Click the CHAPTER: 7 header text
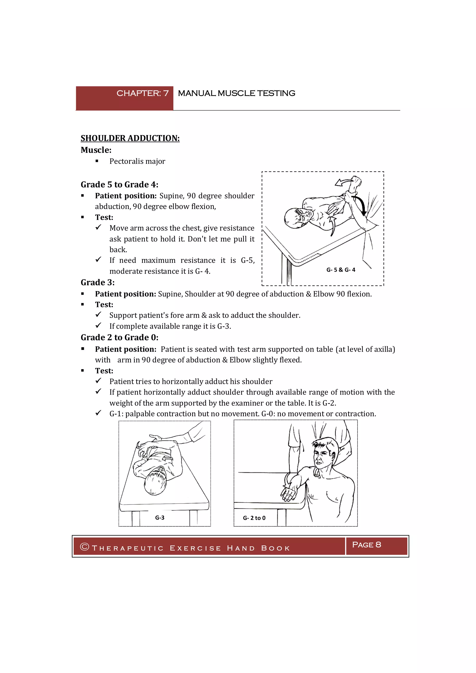(x=142, y=93)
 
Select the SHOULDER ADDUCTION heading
(x=130, y=138)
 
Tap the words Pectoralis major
(x=137, y=161)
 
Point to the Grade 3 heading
(x=98, y=282)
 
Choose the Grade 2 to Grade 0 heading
(x=119, y=337)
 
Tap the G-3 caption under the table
(x=160, y=518)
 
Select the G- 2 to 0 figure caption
(x=254, y=518)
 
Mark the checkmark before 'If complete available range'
(x=99, y=325)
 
